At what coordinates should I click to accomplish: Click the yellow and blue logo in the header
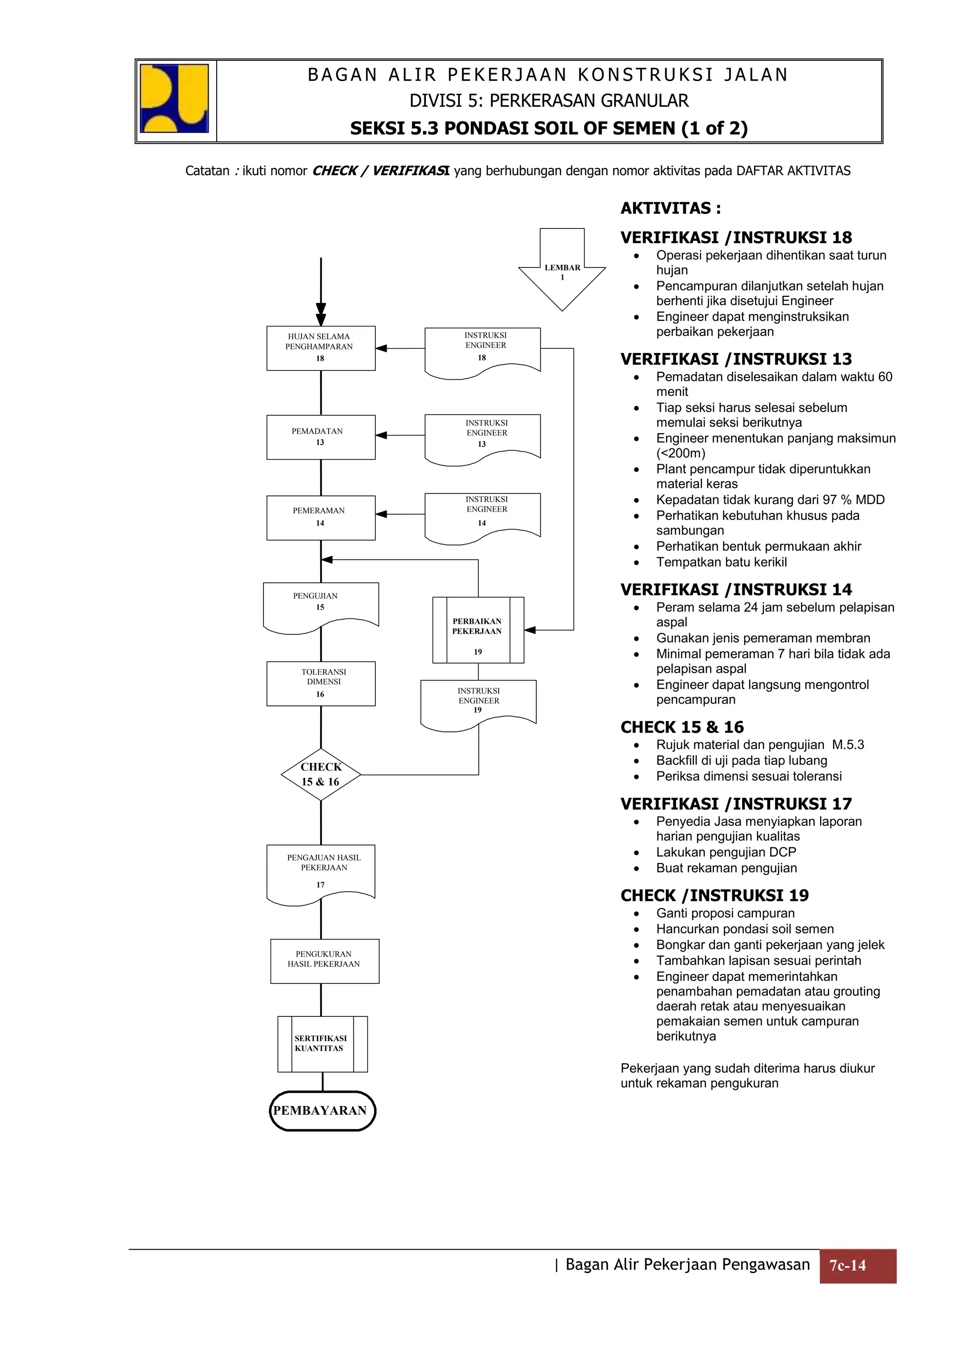175,99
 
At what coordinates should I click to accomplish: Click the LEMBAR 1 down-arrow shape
562,271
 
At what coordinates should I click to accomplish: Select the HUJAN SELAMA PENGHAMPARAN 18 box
321,348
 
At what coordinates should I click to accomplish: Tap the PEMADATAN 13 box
321,437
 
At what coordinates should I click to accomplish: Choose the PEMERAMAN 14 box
321,517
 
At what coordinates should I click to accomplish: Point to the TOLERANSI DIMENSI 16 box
321,683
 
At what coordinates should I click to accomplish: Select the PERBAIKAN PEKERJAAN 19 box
478,630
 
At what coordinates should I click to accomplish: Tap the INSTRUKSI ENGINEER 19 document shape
478,703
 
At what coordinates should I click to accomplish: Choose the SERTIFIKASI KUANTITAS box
322,1044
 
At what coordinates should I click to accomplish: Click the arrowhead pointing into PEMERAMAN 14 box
382,514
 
